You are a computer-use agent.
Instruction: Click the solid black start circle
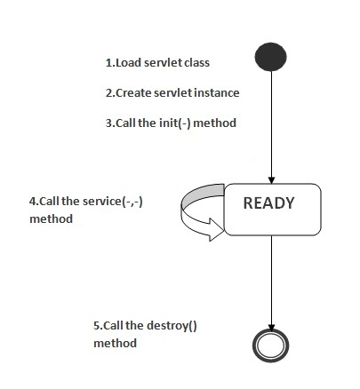click(270, 57)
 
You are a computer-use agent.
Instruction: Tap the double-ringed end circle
click(270, 345)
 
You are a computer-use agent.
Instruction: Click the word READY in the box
click(268, 203)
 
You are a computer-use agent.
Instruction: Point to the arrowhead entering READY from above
click(271, 180)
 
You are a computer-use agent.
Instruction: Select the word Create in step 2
click(133, 93)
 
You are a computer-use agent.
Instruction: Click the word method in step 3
click(215, 123)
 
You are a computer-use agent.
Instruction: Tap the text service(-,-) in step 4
click(113, 202)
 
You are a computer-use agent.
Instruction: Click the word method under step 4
click(52, 219)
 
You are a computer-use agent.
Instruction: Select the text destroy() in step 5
click(172, 326)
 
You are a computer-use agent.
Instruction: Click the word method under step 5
click(116, 344)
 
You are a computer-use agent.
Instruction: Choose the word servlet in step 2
click(173, 93)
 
